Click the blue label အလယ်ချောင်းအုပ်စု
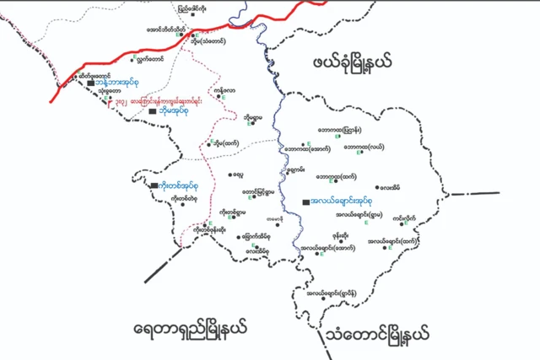pos(340,202)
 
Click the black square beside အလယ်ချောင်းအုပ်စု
pos(304,202)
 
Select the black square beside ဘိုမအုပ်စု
pos(152,110)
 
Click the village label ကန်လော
pos(225,89)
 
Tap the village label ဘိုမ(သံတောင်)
pos(206,40)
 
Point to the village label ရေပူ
pos(239,175)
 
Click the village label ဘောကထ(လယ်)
pos(364,147)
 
